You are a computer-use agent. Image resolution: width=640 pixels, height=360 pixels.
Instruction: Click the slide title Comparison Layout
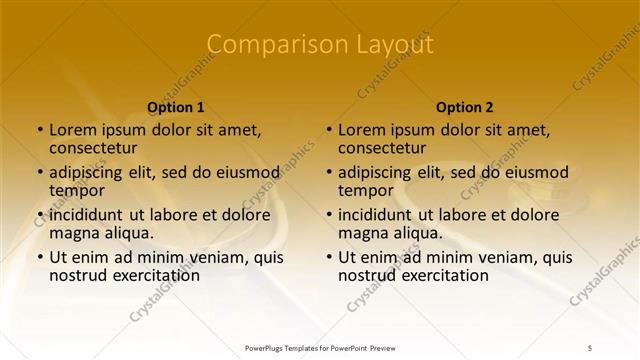click(x=320, y=45)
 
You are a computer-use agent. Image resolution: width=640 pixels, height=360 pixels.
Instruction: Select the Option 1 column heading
click(x=176, y=107)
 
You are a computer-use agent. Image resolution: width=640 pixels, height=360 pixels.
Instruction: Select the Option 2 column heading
click(x=465, y=107)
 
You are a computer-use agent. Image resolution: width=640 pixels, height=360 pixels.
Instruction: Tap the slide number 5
click(x=590, y=347)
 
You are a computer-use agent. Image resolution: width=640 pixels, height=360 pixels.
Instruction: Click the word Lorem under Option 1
click(x=72, y=129)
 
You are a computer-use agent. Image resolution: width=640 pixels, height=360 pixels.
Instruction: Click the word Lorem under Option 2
click(x=361, y=129)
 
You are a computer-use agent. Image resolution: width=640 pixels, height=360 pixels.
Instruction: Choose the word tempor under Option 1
click(x=75, y=190)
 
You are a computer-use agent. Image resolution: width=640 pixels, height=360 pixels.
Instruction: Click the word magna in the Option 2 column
click(x=362, y=233)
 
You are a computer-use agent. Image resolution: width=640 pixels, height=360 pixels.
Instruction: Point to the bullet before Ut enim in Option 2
click(x=329, y=256)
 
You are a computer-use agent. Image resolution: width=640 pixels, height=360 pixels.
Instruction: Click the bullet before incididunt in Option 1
click(x=40, y=214)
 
